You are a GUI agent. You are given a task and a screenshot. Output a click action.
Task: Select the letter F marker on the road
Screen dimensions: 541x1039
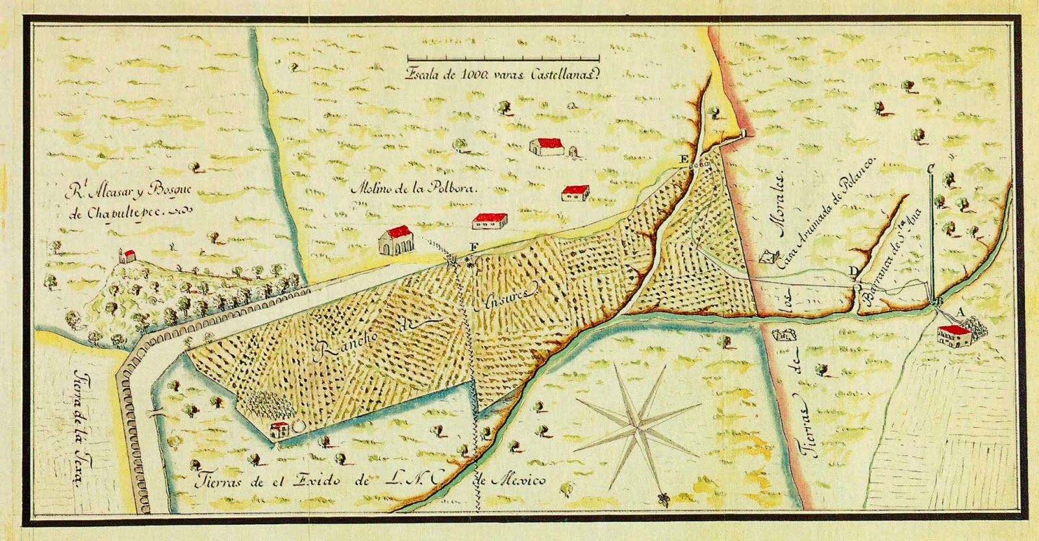[473, 246]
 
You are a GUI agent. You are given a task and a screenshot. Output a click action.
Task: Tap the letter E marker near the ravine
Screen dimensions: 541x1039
[682, 159]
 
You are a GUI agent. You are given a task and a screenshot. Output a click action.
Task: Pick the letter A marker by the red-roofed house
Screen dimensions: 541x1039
[955, 313]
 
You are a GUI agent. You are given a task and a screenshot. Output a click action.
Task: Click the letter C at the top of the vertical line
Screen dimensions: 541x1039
[931, 167]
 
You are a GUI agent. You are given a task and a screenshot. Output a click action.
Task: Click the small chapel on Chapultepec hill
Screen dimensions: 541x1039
[128, 255]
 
